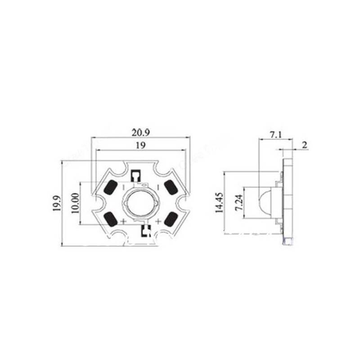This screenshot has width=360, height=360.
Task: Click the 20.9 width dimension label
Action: click(x=140, y=133)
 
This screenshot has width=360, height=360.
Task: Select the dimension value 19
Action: click(x=140, y=145)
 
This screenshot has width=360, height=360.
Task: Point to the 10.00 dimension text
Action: click(x=75, y=203)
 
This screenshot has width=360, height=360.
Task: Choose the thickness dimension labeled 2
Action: click(x=305, y=145)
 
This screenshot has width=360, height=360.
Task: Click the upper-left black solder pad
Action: click(x=109, y=187)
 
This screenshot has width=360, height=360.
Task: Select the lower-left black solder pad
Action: click(x=110, y=219)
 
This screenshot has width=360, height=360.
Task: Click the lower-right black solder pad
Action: click(x=171, y=219)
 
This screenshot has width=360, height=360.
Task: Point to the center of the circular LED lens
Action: click(x=140, y=203)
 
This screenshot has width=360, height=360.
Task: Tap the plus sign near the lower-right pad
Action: click(x=157, y=221)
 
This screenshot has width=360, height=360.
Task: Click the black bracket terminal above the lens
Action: click(x=135, y=175)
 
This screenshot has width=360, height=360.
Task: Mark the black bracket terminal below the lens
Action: click(x=146, y=231)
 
